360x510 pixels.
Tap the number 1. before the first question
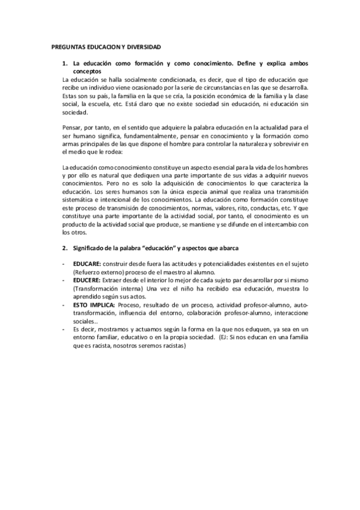click(x=65, y=63)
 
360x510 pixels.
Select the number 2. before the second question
click(x=65, y=247)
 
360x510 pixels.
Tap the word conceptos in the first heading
click(x=88, y=71)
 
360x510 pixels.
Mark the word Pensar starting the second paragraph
click(x=72, y=128)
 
